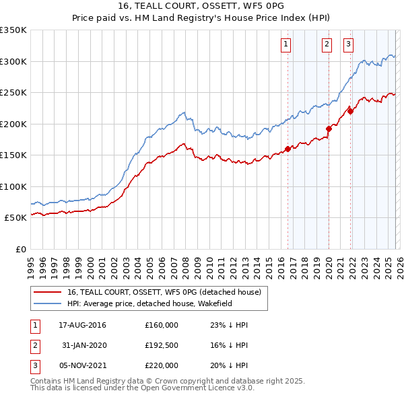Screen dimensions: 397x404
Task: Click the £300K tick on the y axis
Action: pyautogui.click(x=13, y=61)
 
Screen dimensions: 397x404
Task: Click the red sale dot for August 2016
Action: pyautogui.click(x=288, y=149)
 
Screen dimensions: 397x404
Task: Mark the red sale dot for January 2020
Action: pyautogui.click(x=329, y=129)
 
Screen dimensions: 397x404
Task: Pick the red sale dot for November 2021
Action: pyautogui.click(x=350, y=111)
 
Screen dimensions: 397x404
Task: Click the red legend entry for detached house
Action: pyautogui.click(x=168, y=292)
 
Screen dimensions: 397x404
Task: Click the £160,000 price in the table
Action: pyautogui.click(x=162, y=325)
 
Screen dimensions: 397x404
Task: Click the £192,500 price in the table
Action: pyautogui.click(x=162, y=345)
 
